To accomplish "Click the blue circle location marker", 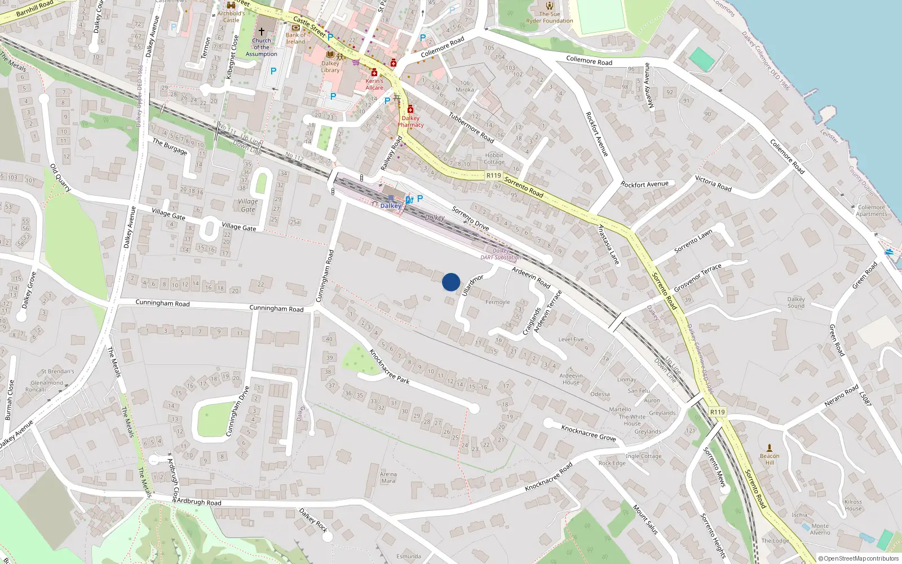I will [451, 282].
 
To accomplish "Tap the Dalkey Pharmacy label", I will [410, 121].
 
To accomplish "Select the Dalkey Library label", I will [330, 67].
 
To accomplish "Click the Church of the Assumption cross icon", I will [262, 32].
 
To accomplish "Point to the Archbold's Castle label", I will [231, 16].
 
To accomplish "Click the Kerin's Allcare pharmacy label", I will [374, 84].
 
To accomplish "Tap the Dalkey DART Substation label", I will [501, 254].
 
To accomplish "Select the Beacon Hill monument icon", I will [770, 447].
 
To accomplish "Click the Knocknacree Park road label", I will [389, 367].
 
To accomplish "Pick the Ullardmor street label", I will [472, 285].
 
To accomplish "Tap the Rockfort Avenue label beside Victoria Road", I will [644, 184].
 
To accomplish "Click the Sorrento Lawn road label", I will [693, 241].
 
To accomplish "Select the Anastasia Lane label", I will [609, 245].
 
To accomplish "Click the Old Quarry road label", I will [60, 178].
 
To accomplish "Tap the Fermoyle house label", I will [497, 302].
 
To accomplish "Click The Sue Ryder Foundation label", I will [550, 17].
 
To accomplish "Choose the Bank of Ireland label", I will [295, 38].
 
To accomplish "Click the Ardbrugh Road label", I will [199, 502].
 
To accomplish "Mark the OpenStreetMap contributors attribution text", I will [859, 558].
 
